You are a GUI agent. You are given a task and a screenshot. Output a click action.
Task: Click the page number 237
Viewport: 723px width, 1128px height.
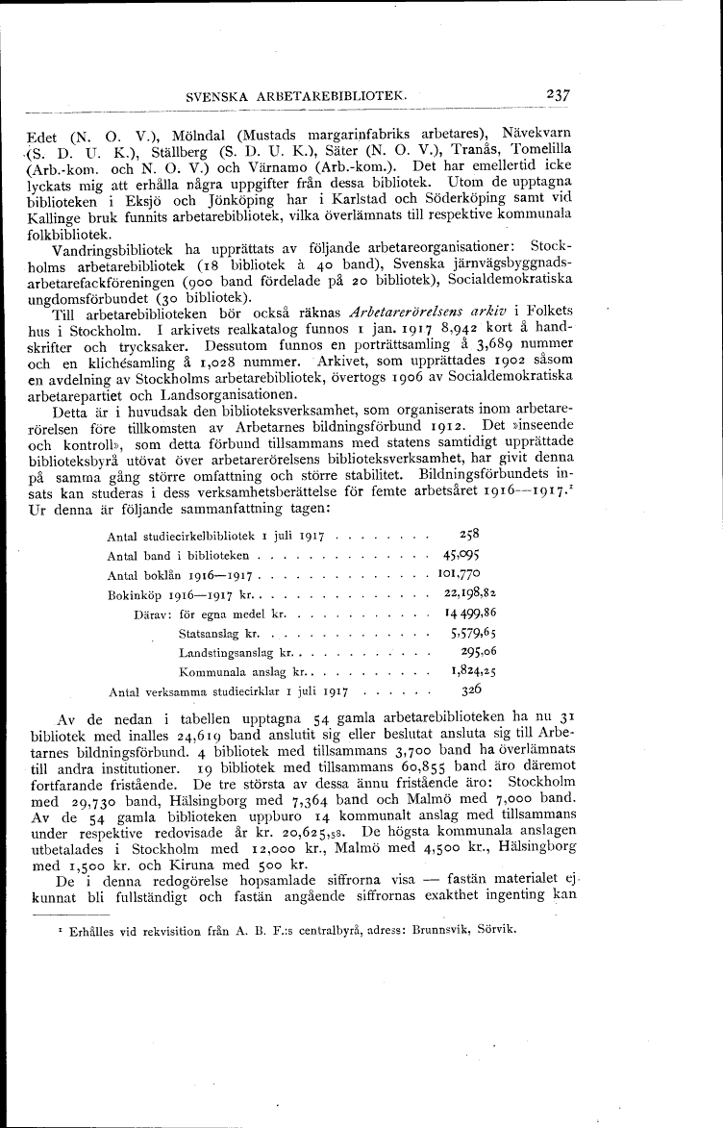[558, 95]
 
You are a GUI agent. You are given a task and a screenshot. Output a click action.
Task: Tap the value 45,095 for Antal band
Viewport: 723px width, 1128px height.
[461, 555]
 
